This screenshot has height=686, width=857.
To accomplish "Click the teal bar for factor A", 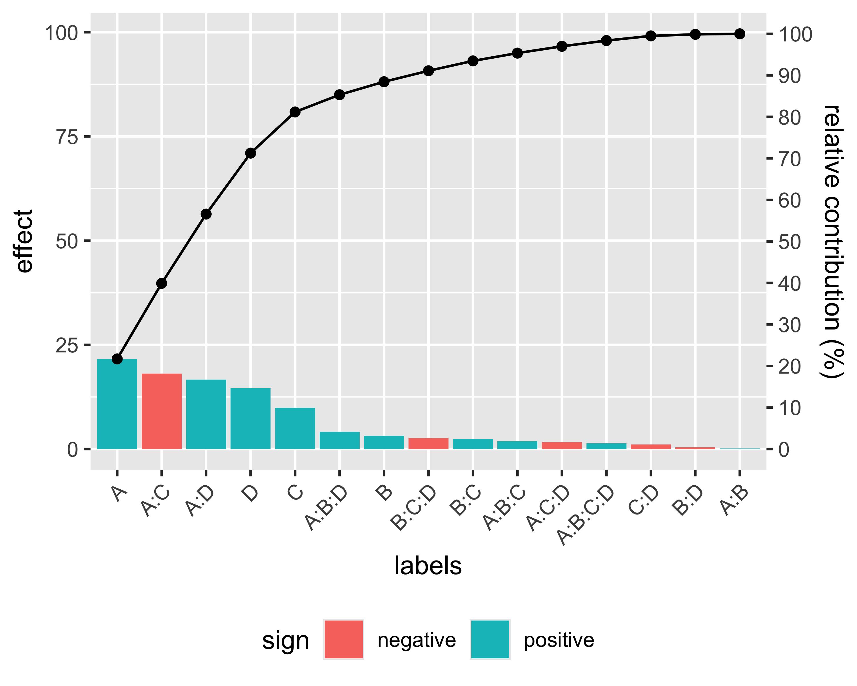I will (x=117, y=404).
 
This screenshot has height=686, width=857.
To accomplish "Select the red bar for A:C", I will (x=161, y=411).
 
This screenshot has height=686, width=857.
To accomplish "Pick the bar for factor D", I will (x=251, y=418).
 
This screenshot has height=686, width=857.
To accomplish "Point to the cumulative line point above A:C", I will (x=161, y=284).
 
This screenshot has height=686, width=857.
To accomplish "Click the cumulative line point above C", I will (x=295, y=112).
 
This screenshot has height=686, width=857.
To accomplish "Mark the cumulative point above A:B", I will (x=739, y=34).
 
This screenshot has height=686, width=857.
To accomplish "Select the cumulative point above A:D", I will (x=206, y=214).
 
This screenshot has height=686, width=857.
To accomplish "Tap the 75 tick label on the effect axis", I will (x=67, y=137).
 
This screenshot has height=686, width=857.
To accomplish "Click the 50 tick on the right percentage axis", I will (x=789, y=242).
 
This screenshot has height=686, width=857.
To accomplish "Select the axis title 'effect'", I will (x=25, y=241).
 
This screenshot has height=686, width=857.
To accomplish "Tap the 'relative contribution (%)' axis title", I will (x=832, y=241).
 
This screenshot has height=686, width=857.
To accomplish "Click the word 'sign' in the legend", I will (x=285, y=641).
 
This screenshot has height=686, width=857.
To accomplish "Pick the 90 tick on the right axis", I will (x=789, y=75).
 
